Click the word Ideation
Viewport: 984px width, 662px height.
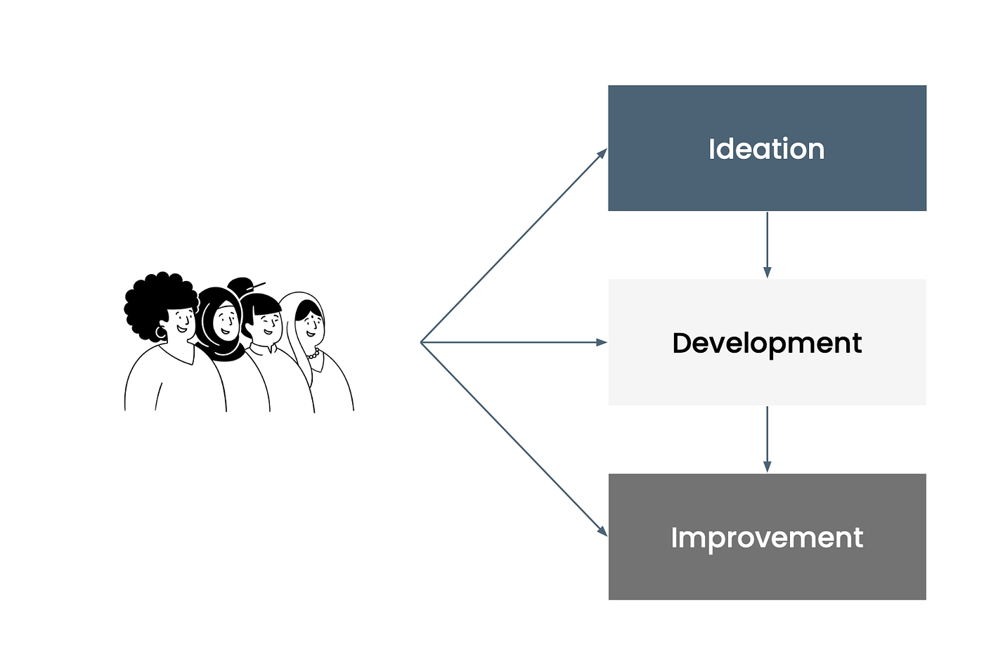(x=767, y=149)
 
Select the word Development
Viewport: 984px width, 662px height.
(x=767, y=343)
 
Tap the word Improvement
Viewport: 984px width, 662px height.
(x=767, y=538)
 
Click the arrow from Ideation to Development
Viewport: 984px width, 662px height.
(x=768, y=245)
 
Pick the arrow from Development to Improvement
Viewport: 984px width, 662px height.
(x=768, y=439)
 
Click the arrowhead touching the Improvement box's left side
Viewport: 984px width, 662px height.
(x=602, y=531)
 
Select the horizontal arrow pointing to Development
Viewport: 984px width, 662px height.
(x=514, y=342)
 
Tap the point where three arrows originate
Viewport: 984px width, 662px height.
(x=421, y=342)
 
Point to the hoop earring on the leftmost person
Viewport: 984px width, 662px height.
(x=161, y=332)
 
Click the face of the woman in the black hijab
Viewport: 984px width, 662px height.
(x=226, y=319)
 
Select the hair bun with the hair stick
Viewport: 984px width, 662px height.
(x=240, y=286)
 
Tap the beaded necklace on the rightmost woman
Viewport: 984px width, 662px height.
(x=313, y=353)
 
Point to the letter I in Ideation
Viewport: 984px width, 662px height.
(x=711, y=149)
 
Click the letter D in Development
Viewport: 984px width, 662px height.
(x=682, y=343)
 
